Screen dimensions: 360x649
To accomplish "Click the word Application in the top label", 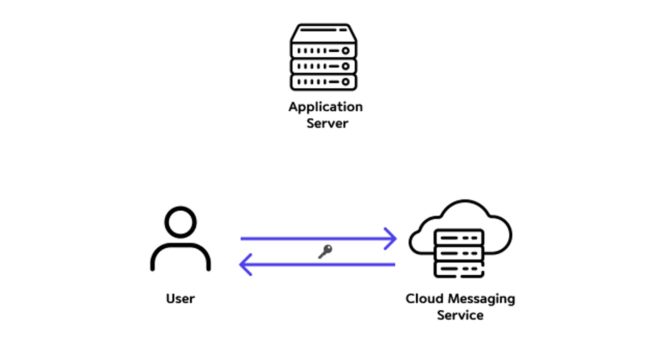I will click(325, 107).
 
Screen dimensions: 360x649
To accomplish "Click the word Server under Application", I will click(327, 124).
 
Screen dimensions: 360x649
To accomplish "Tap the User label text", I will click(180, 299).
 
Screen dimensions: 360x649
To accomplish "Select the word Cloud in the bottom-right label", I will click(424, 299).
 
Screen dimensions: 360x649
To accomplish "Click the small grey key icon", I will click(325, 251).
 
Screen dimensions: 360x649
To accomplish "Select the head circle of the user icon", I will click(180, 222).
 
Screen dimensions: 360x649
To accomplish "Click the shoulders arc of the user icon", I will click(180, 247).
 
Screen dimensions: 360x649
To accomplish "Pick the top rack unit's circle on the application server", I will click(346, 51).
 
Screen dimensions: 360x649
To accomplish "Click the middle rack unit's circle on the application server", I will click(346, 66).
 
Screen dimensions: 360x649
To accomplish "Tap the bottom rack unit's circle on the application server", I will click(346, 82).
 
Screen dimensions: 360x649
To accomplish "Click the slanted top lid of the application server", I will click(324, 32).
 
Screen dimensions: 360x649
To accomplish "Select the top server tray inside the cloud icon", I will click(459, 238).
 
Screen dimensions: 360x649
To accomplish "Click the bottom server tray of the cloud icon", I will click(459, 269).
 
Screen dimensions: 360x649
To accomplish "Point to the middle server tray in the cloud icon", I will click(459, 253).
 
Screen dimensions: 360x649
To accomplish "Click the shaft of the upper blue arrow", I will click(312, 239).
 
